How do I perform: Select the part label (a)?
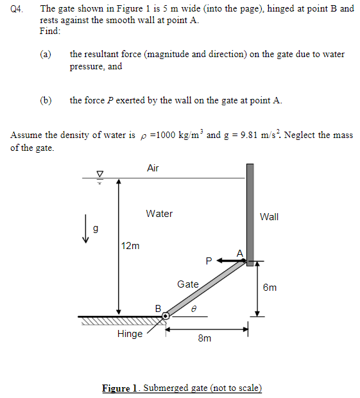pos(46,55)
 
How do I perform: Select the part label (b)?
pos(46,100)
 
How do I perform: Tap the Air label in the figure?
pos(153,168)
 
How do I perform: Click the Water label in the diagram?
pos(159,214)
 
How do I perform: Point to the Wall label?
pos(269,217)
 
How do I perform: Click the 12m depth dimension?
pos(130,245)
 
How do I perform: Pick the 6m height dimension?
pos(270,287)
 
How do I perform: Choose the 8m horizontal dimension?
pos(204,338)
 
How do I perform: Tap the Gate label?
pos(188,284)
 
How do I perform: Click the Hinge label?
pos(130,334)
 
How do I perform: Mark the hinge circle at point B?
pos(166,316)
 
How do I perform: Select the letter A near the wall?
pos(240,253)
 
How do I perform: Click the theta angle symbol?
pos(193,308)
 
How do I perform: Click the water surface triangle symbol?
pos(99,173)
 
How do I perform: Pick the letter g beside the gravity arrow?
pos(96,228)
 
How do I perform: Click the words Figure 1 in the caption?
pos(120,388)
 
